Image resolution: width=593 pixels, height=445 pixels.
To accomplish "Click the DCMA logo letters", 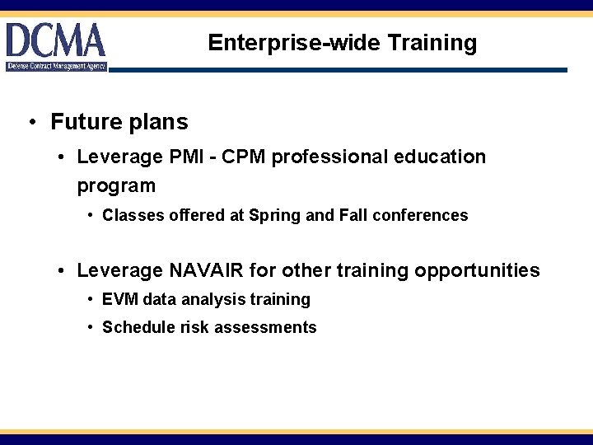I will [55, 40].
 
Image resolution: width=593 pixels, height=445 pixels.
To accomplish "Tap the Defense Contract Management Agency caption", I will [57, 66].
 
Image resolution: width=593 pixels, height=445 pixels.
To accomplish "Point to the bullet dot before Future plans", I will [30, 124].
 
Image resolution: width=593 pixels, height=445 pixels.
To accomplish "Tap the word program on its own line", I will [116, 186].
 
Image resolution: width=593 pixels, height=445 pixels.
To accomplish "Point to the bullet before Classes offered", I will [90, 216].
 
